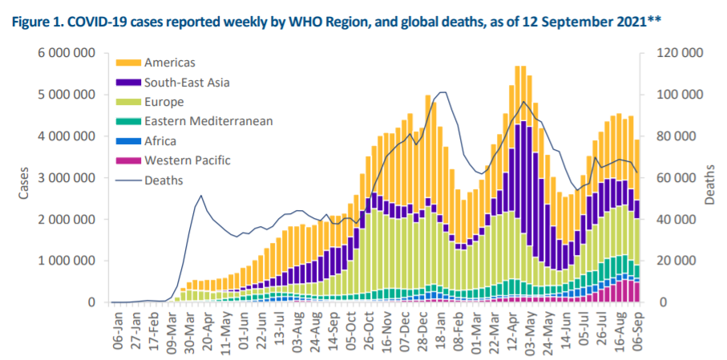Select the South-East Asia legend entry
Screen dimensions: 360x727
[x=184, y=82]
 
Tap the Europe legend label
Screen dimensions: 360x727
[x=164, y=102]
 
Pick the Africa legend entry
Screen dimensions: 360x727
[x=160, y=141]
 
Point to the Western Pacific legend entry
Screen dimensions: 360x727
[x=187, y=160]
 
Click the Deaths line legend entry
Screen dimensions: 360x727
[x=164, y=180]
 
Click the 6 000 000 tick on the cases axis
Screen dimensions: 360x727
[x=68, y=54]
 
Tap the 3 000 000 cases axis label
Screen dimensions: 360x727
[x=68, y=178]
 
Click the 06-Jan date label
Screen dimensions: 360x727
[x=119, y=329]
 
